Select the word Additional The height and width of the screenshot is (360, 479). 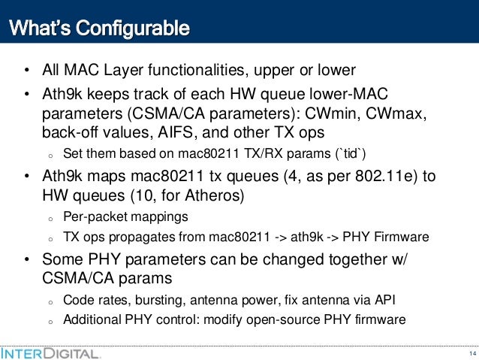[89, 319]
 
